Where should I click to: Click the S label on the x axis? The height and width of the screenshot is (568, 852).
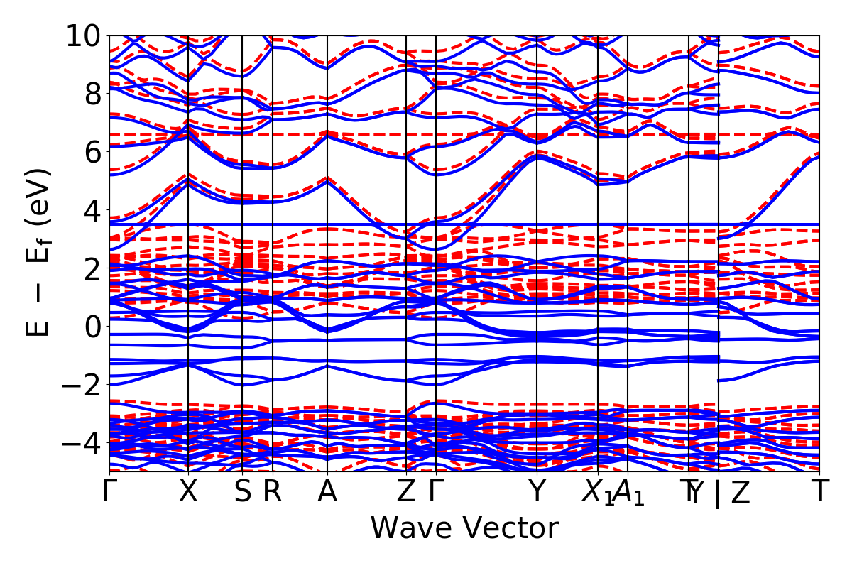click(x=243, y=492)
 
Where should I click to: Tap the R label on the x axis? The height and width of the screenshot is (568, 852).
click(x=273, y=492)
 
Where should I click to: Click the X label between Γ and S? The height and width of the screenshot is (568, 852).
click(x=188, y=492)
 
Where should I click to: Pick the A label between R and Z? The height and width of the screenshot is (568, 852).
click(x=327, y=492)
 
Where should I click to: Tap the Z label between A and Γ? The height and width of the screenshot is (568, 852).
click(x=406, y=492)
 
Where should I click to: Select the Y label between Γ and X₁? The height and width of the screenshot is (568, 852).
click(x=537, y=492)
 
